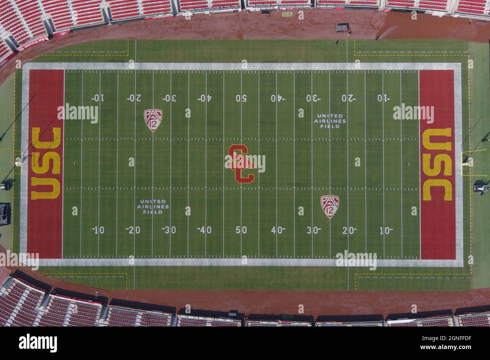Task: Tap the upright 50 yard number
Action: (241, 230)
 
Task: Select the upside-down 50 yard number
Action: (241, 98)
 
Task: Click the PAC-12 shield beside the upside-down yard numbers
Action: (153, 120)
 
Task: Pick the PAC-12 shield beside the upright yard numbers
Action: (330, 206)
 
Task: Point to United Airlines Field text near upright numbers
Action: (153, 207)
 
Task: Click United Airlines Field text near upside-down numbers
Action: (330, 121)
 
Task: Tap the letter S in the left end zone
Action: (46, 163)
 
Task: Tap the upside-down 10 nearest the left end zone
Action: (98, 98)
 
